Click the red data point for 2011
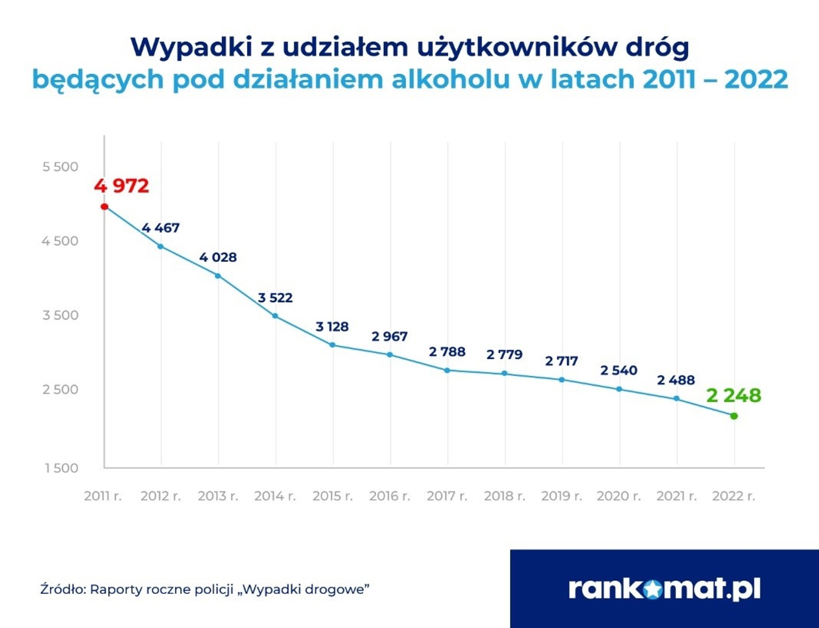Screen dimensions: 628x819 pos(105,206)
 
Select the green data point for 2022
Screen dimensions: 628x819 pos(734,416)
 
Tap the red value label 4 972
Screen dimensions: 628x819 pos(122,186)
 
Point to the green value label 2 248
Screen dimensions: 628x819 pos(734,395)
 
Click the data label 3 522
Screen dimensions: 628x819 pos(275,298)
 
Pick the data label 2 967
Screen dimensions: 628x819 pos(389,336)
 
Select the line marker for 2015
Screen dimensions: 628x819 pos(332,345)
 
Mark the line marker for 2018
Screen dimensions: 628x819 pos(504,373)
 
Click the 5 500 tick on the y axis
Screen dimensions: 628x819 pos(60,166)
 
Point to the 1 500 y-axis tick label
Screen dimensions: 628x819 pos(61,468)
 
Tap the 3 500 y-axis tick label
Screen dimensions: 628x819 pos(60,315)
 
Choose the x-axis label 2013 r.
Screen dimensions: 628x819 pos(218,496)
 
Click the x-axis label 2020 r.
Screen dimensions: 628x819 pos(619,496)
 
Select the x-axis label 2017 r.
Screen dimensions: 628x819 pos(447,496)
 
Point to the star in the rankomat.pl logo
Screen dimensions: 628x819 pos(652,589)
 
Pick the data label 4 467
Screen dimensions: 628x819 pos(160,228)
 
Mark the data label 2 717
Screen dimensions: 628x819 pos(562,361)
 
